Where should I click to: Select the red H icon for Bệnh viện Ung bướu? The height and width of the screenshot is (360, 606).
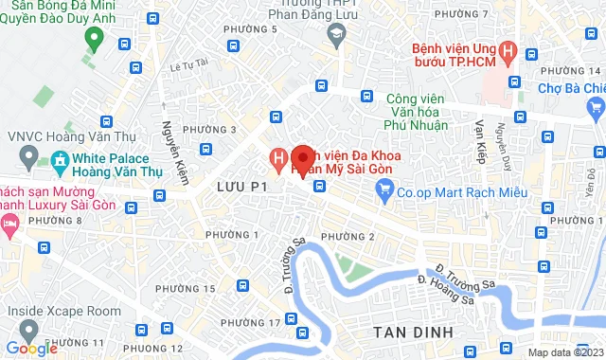click(508, 52)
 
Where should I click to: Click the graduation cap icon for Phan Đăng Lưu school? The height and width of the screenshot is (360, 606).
click(335, 34)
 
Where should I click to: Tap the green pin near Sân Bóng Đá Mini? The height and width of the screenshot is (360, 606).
click(93, 38)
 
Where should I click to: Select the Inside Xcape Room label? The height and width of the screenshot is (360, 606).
click(64, 311)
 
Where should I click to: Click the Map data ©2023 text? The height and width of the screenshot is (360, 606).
click(564, 352)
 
